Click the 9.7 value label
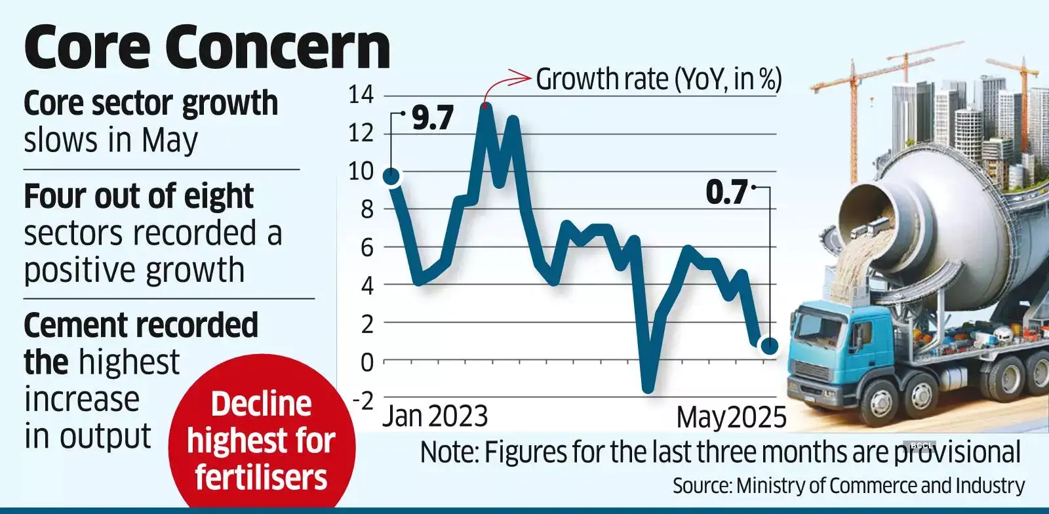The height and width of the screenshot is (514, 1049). point(432,118)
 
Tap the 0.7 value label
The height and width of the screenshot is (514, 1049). point(726,192)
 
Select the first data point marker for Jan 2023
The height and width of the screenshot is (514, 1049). point(391,176)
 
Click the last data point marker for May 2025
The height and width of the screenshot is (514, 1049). point(769,346)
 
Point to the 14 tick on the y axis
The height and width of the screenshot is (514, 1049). point(361,96)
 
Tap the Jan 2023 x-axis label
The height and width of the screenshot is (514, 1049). point(435,416)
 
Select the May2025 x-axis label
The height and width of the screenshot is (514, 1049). point(731,417)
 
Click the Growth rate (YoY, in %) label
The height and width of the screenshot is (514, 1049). point(659,79)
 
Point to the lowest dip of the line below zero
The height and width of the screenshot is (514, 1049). point(648,389)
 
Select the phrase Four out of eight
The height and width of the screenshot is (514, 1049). point(138,196)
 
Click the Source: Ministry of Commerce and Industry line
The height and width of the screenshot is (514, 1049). point(848,486)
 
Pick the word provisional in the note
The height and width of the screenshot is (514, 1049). point(958,452)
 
